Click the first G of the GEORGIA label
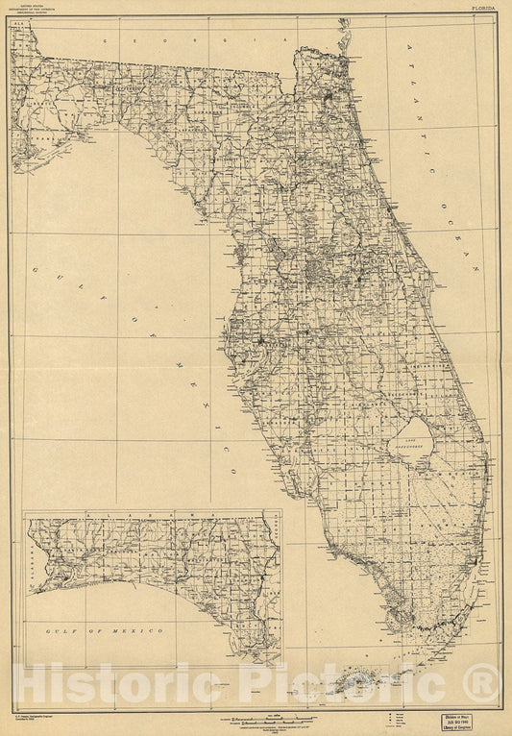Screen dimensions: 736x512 (117, 42)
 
